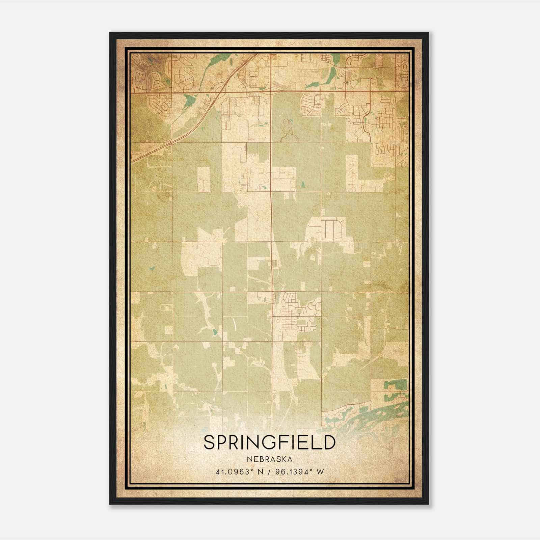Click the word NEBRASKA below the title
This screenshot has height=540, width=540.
pyautogui.click(x=270, y=459)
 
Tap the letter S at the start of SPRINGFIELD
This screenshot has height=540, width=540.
pyautogui.click(x=209, y=442)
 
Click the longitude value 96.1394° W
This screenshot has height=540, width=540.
pyautogui.click(x=298, y=472)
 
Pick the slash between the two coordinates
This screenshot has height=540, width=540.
pyautogui.click(x=269, y=472)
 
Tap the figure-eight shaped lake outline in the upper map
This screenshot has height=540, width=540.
pyautogui.click(x=287, y=130)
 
